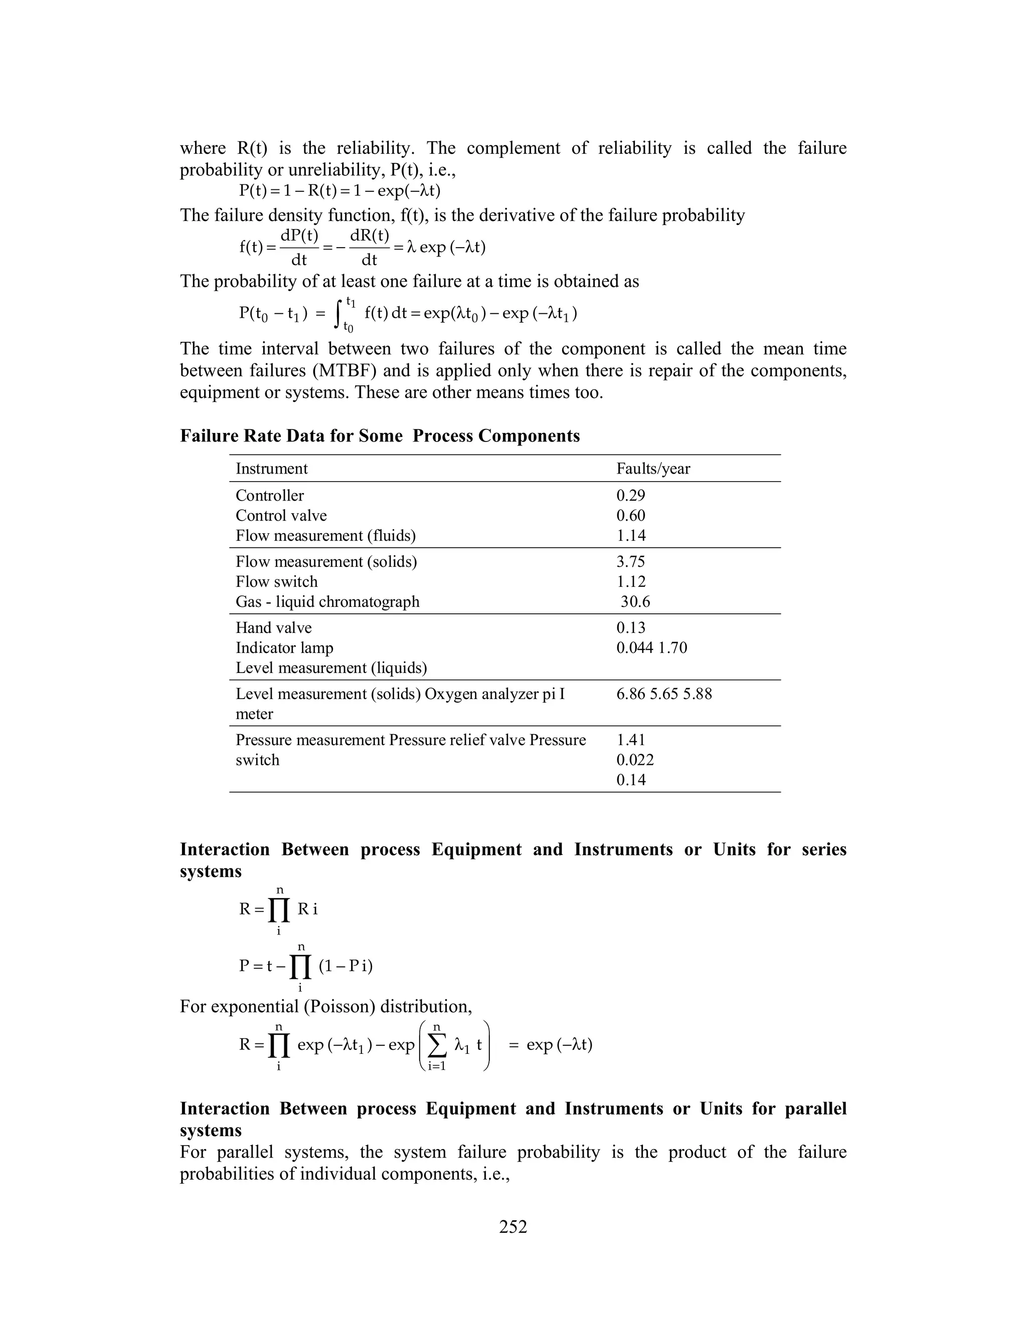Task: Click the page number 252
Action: click(513, 1226)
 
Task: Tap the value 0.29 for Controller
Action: click(630, 495)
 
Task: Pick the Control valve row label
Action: click(281, 515)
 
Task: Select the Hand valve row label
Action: click(273, 627)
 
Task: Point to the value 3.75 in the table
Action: click(630, 561)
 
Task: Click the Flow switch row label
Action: click(276, 581)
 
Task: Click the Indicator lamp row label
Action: click(284, 647)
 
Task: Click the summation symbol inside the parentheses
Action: click(436, 1045)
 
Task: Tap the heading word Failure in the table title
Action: click(209, 436)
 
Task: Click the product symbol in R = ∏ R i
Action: click(279, 910)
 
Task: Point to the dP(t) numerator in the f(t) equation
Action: click(299, 236)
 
